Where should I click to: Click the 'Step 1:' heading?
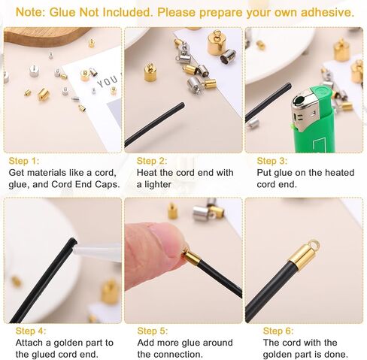click(x=24, y=161)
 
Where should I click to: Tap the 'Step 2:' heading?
click(x=152, y=161)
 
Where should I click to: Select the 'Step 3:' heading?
click(x=272, y=161)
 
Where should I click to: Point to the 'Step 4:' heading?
click(x=31, y=331)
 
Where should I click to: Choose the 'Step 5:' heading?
click(x=153, y=331)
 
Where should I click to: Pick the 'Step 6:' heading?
click(x=278, y=331)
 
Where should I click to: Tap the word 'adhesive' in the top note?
click(x=327, y=12)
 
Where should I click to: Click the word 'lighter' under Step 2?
click(x=158, y=184)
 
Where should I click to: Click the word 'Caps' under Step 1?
click(x=107, y=184)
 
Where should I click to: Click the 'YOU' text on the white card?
click(x=108, y=82)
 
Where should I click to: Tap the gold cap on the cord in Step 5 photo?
click(x=192, y=258)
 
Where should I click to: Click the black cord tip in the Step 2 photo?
click(x=182, y=105)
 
